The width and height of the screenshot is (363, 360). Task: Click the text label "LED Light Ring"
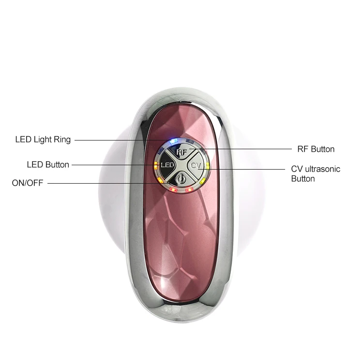(43, 140)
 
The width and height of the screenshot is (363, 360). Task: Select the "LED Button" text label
(48, 165)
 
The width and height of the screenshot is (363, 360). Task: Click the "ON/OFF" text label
(28, 183)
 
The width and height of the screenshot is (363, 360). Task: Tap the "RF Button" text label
(316, 149)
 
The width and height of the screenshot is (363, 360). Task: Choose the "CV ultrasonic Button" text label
(315, 173)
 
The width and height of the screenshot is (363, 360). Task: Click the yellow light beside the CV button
(208, 166)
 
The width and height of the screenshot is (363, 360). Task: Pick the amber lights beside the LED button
(155, 166)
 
